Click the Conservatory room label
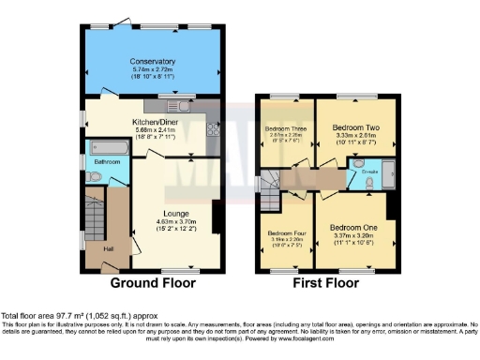tap(152, 62)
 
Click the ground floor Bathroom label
tap(106, 162)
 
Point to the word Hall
tap(108, 248)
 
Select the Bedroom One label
tap(353, 229)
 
